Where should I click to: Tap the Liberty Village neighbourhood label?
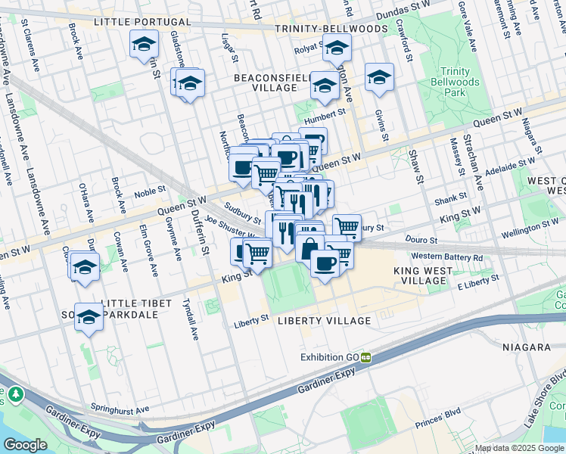click(x=324, y=321)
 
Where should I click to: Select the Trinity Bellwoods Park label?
click(x=454, y=81)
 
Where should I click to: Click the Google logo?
click(x=25, y=444)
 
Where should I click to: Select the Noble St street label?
click(x=149, y=194)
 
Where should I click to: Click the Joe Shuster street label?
click(x=232, y=219)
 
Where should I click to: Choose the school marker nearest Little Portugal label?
click(x=143, y=44)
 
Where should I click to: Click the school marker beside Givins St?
click(x=379, y=77)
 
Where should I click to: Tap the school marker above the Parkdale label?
click(x=89, y=316)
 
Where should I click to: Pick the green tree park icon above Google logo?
click(x=14, y=394)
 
